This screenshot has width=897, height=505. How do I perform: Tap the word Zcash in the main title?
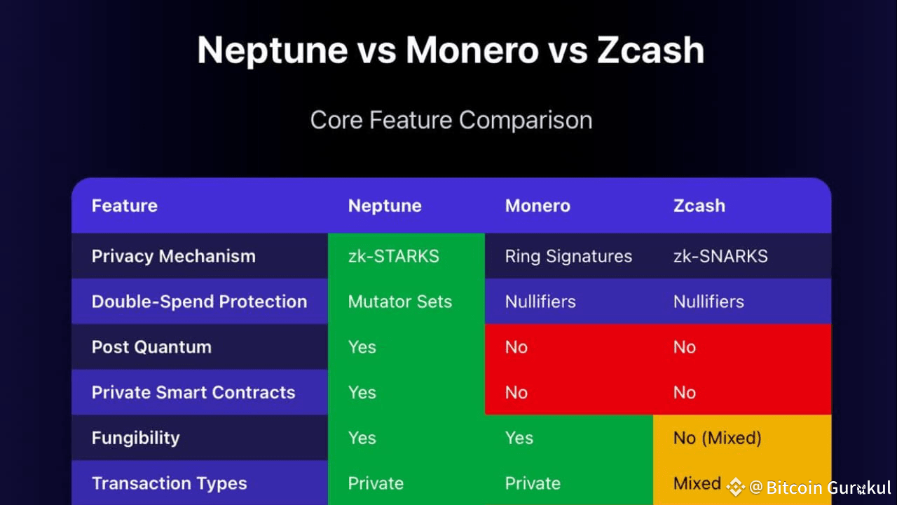pyautogui.click(x=651, y=50)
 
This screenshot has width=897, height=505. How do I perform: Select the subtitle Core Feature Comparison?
pyautogui.click(x=451, y=120)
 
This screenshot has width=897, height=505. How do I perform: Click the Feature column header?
pyautogui.click(x=125, y=206)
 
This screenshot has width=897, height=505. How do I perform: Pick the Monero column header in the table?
pyautogui.click(x=537, y=206)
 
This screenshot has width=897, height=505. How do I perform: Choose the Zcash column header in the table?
pyautogui.click(x=699, y=206)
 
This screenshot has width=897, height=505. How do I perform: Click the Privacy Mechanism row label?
pyautogui.click(x=173, y=257)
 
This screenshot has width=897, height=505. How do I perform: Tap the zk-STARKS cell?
pyautogui.click(x=394, y=256)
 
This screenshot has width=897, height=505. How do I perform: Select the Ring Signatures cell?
pyautogui.click(x=568, y=257)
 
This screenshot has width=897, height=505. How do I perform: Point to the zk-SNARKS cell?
pyautogui.click(x=720, y=256)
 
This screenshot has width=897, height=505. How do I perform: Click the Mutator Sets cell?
pyautogui.click(x=400, y=302)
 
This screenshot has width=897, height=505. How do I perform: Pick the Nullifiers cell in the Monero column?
pyautogui.click(x=540, y=302)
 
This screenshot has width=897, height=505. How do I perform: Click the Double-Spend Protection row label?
pyautogui.click(x=200, y=302)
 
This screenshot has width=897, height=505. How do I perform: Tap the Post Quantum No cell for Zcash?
pyautogui.click(x=685, y=347)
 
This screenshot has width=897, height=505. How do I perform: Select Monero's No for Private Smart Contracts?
pyautogui.click(x=516, y=392)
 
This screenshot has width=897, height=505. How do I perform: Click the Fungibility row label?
pyautogui.click(x=136, y=438)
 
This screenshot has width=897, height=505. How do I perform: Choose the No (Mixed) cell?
pyautogui.click(x=717, y=438)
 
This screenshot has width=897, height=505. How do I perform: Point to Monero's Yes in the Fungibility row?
pyautogui.click(x=519, y=438)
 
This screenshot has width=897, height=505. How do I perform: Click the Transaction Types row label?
pyautogui.click(x=170, y=484)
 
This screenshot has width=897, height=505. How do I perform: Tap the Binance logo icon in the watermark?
pyautogui.click(x=736, y=487)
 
